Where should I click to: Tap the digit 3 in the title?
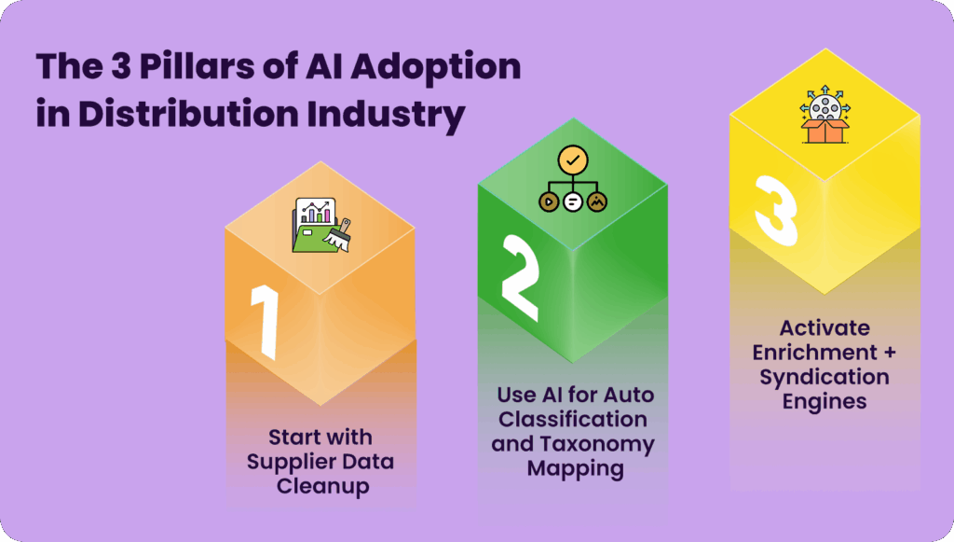[x=120, y=66]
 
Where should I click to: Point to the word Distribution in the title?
[x=188, y=113]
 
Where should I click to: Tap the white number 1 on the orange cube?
[x=266, y=321]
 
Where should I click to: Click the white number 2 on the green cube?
[x=520, y=278]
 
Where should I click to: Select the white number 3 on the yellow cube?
[x=775, y=211]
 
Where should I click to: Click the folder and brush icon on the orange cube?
[x=321, y=225]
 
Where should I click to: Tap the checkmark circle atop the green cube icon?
[x=573, y=160]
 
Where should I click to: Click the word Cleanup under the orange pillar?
[x=322, y=487]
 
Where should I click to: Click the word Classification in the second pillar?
[x=573, y=419]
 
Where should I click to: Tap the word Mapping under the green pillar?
[x=576, y=469]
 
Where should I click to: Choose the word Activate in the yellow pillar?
[x=825, y=328]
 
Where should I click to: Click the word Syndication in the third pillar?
[x=825, y=378]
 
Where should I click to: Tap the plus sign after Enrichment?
[x=890, y=352]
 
